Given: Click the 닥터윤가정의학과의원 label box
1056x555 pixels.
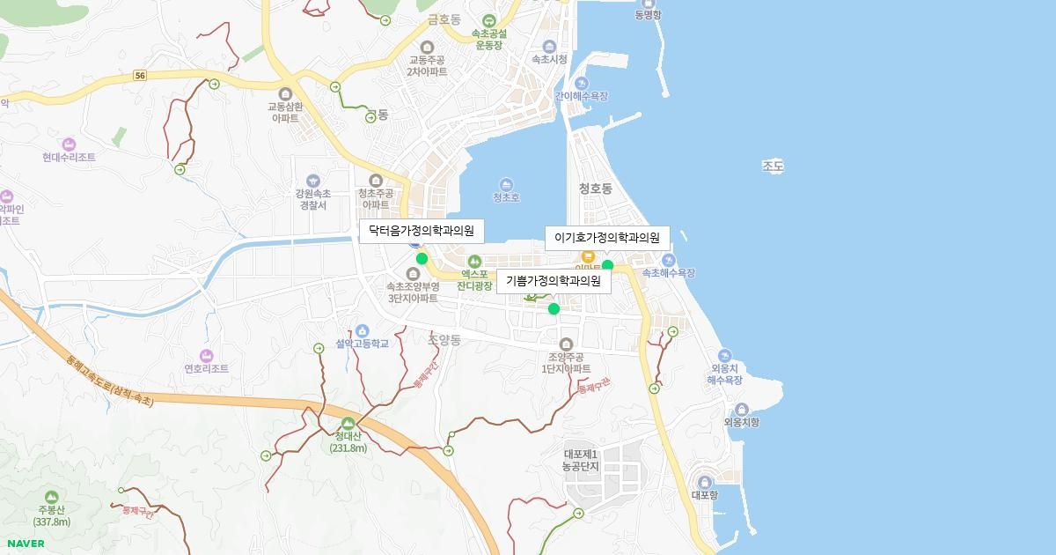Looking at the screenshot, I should point(422,232).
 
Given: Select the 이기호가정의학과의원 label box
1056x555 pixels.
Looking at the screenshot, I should point(607,238).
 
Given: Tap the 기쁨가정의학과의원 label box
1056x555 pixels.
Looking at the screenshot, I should point(554,282).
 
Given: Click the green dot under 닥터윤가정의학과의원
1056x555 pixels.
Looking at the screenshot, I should point(422,258).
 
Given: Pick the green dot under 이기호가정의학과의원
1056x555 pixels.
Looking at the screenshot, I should point(607,265).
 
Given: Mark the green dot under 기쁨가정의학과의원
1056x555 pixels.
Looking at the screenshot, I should point(554,308).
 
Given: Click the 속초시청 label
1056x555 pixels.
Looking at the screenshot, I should point(549,59).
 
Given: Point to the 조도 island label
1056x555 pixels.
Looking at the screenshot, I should point(773,166).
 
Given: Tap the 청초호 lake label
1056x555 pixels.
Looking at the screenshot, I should point(506,197).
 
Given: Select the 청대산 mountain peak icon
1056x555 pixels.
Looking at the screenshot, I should point(348,423).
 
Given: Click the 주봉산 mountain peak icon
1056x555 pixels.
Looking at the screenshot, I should point(51,498).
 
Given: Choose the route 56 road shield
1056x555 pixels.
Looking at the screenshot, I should point(140,76).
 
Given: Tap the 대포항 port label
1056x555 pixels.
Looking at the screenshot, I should point(704,495).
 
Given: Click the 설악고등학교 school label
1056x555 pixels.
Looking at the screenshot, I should point(362,344).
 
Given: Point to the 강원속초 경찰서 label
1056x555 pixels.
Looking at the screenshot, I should point(312,199).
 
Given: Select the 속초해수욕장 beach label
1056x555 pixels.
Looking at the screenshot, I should point(668,273).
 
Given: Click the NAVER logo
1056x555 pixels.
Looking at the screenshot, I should point(26,544).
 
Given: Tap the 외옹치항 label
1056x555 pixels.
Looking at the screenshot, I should point(741,422).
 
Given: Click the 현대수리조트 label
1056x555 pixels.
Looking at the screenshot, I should point(69,157).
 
